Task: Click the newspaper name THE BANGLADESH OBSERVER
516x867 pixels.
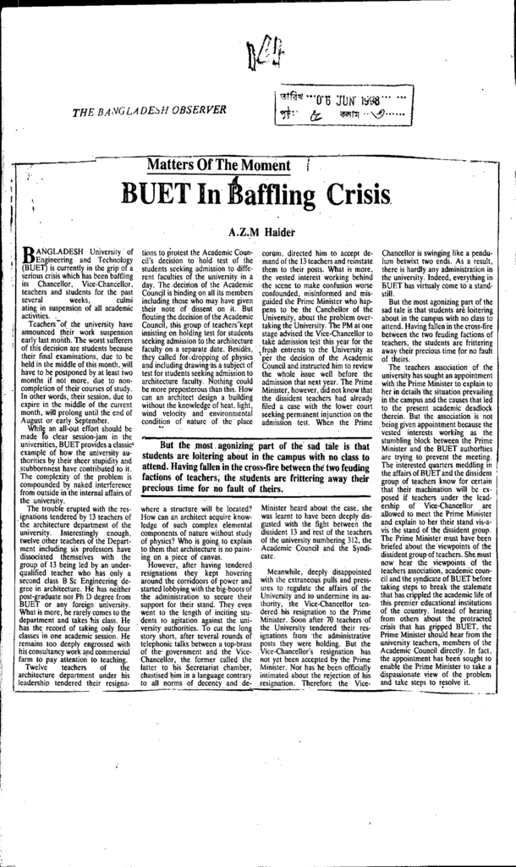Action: pos(149,110)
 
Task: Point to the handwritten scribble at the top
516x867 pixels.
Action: pos(258,58)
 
